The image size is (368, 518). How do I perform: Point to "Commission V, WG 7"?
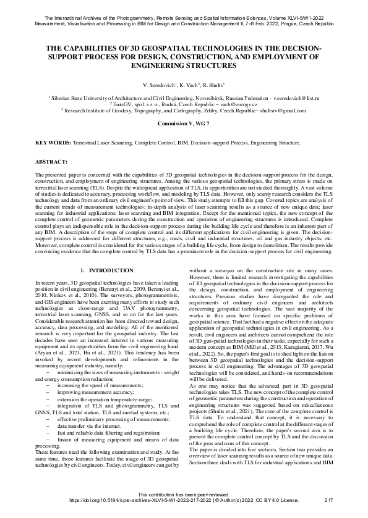(184, 124)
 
